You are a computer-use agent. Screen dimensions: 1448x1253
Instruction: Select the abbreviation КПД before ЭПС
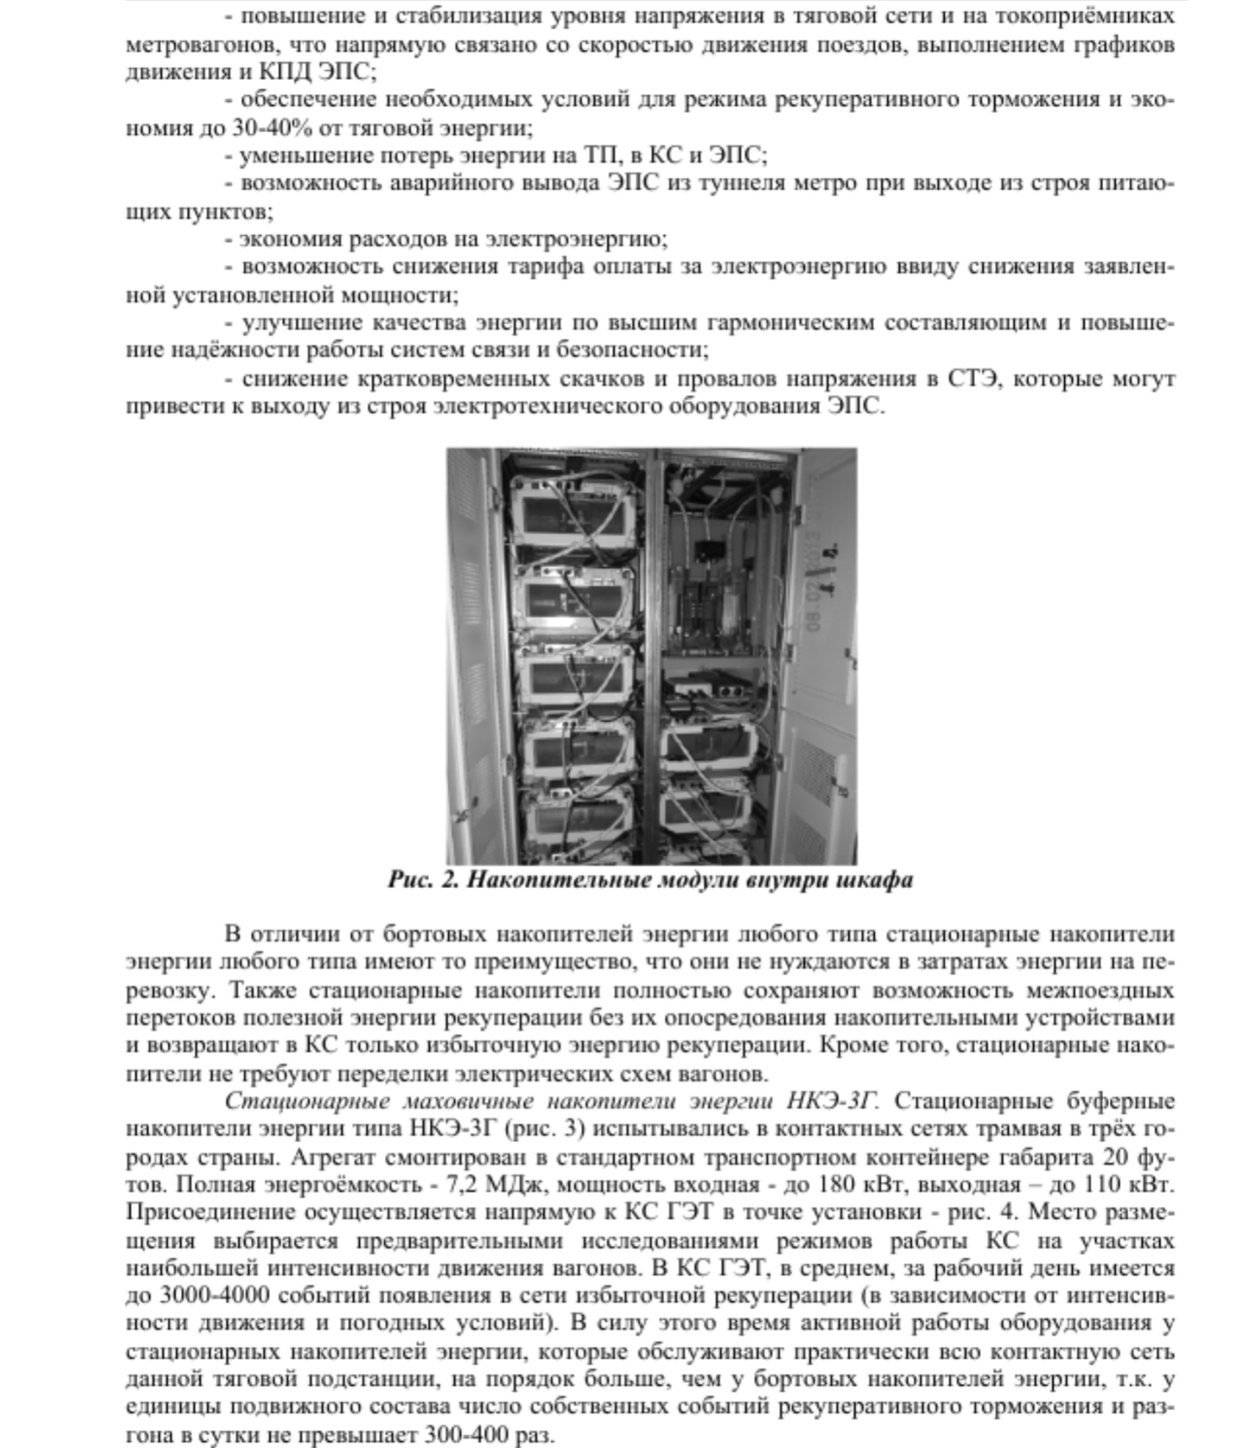[285, 72]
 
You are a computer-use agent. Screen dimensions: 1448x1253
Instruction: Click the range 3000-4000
[214, 1296]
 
